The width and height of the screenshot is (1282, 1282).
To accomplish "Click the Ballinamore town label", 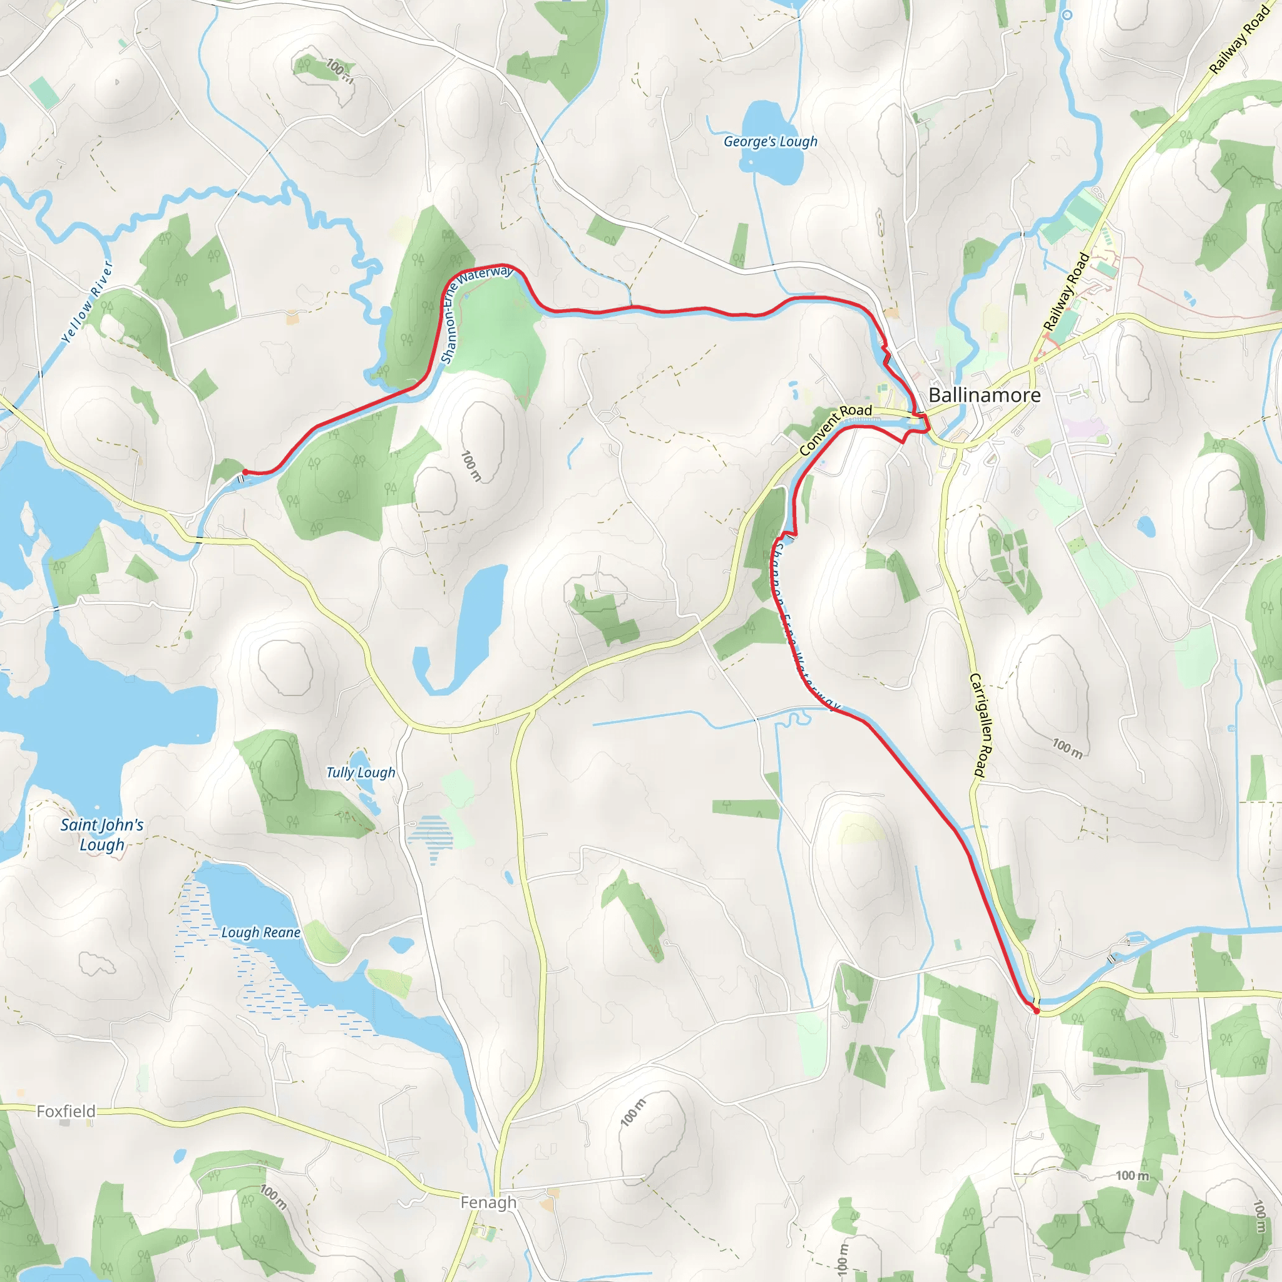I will click(984, 396).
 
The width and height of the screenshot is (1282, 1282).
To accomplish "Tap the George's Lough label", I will click(770, 141).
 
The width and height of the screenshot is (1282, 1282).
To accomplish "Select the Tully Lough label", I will click(361, 772).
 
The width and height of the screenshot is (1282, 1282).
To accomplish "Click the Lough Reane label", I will click(261, 932).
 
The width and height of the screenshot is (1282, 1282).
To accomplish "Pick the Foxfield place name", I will click(66, 1111).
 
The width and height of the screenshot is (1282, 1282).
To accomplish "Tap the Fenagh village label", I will click(488, 1203).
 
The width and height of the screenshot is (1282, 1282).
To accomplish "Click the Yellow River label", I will click(87, 302).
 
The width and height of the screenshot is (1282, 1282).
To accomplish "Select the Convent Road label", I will click(835, 429).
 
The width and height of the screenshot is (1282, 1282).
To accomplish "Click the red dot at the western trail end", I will click(245, 472).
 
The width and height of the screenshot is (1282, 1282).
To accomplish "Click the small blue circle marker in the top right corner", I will click(1067, 14).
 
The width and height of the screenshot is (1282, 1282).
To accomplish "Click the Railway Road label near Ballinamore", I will click(1066, 291).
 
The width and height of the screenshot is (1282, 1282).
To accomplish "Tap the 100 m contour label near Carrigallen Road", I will click(1067, 748).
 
